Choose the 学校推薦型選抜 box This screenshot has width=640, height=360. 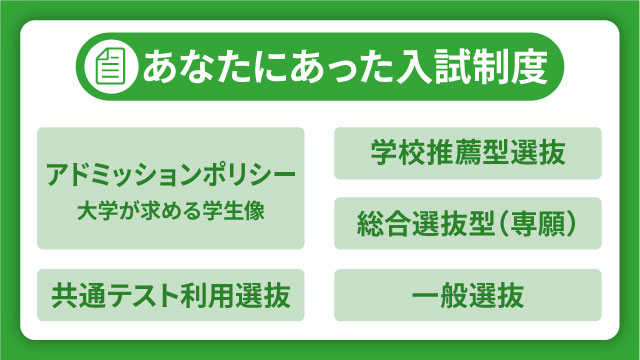click(467, 154)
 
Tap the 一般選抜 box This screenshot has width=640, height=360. click(467, 295)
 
